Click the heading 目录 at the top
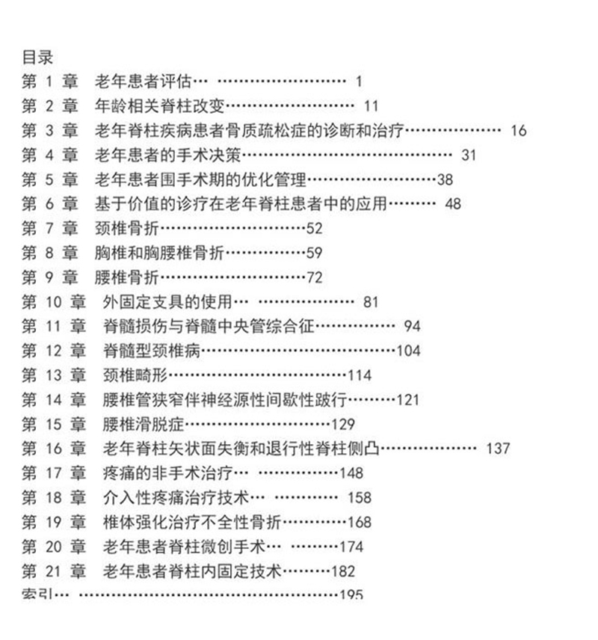[x=37, y=57]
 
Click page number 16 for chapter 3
[x=519, y=131]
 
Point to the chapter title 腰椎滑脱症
[x=140, y=425]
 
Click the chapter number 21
[x=52, y=572]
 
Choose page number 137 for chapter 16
[x=498, y=449]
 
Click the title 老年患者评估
[x=143, y=81]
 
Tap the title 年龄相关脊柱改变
[x=160, y=106]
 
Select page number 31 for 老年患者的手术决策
[x=469, y=156]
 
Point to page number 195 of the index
[x=351, y=594]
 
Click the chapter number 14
[x=52, y=400]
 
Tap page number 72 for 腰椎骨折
[x=315, y=278]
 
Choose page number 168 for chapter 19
[x=360, y=523]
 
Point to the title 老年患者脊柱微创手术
[x=185, y=547]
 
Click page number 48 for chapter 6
[x=453, y=204]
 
